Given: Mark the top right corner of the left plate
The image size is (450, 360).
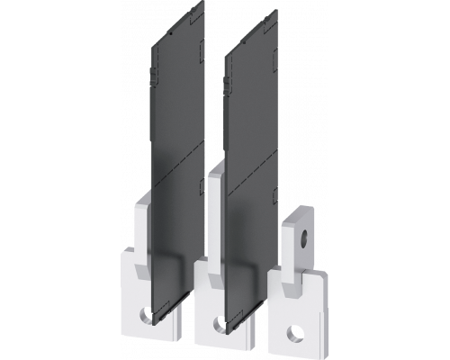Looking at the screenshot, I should pyautogui.click(x=208, y=37).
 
